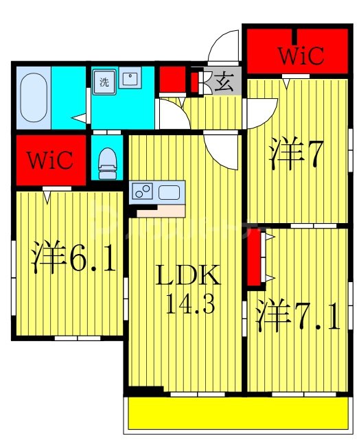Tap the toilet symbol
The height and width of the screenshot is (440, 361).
pos(106,160)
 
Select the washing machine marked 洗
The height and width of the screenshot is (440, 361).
pos(105,81)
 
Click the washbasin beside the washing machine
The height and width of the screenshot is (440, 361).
pos(130,80)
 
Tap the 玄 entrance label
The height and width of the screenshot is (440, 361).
pos(223,82)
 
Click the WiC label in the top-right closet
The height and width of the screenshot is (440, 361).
pos(301,55)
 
